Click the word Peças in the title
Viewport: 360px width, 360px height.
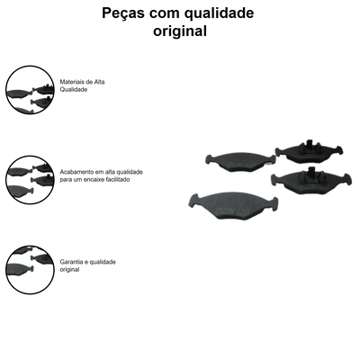click(123, 13)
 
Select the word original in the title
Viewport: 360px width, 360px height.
click(180, 31)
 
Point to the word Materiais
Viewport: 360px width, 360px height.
click(72, 82)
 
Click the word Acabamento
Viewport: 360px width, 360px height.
click(76, 172)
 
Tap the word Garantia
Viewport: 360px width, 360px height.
click(70, 262)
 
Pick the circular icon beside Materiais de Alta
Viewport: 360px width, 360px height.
click(30, 90)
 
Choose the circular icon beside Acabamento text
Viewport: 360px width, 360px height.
click(30, 180)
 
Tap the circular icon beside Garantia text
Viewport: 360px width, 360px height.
click(30, 270)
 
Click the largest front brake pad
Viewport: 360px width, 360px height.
click(233, 206)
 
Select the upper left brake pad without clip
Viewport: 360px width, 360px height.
click(240, 162)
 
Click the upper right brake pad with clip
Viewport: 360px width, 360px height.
click(309, 152)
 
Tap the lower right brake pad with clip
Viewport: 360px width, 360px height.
click(311, 181)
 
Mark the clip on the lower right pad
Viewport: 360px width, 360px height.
click(312, 173)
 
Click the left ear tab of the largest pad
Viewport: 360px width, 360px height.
click(194, 201)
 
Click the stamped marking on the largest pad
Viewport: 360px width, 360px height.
click(233, 209)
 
